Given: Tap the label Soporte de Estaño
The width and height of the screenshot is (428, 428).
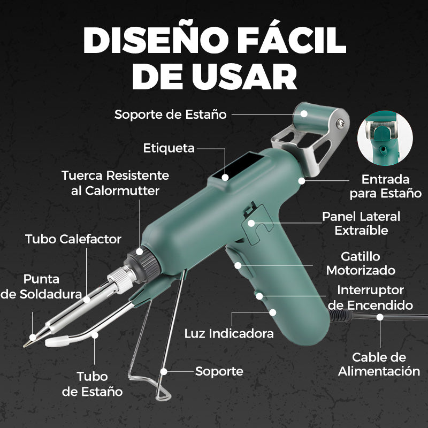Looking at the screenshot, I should point(170,114).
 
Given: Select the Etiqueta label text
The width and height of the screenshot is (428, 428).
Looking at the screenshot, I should point(169,148).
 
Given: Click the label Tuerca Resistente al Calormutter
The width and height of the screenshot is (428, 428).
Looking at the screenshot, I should point(115,182).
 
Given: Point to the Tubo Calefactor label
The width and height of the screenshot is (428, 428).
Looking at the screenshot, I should point(73,239).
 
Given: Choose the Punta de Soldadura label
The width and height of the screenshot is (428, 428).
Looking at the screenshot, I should point(41,286).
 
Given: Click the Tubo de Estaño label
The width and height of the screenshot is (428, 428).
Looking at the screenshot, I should point(92,384).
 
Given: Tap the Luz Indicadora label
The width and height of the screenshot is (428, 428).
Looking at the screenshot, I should point(229,334).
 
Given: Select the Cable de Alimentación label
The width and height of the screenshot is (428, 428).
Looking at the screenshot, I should point(379,364).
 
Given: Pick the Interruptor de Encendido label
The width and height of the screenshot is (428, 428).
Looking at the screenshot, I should point(370,297).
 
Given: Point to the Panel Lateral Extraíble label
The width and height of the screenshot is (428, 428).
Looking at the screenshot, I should point(361,223).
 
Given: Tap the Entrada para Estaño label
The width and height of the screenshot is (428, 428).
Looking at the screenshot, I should point(385,186).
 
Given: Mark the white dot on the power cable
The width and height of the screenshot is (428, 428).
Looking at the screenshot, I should point(380,317).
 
